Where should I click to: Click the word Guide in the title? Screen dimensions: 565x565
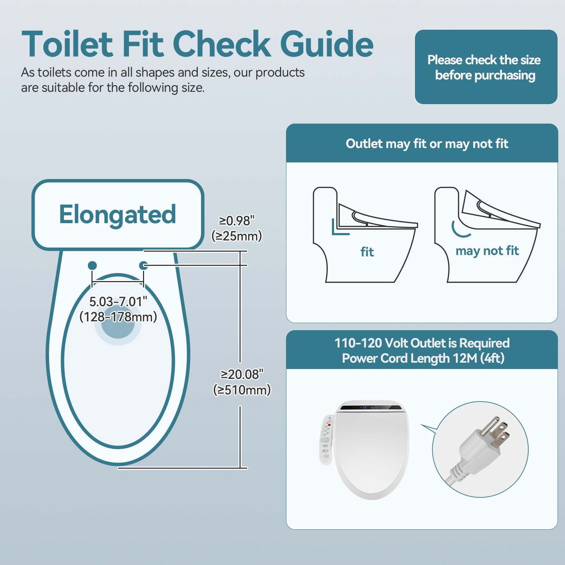327,44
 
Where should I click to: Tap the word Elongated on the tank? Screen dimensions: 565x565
118,214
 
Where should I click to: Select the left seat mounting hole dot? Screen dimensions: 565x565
92,265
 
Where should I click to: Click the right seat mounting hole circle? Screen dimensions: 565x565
144,265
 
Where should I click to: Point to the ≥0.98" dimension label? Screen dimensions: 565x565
237,221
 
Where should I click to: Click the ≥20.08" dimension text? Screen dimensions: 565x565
242,374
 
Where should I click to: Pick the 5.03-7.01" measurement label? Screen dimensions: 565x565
118,302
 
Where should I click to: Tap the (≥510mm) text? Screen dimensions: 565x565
242,390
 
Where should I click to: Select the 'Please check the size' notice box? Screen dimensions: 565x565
486,67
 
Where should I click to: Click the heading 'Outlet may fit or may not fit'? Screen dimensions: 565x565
427,144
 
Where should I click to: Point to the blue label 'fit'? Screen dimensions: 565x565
367,252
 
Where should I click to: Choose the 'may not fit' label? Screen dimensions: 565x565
487,251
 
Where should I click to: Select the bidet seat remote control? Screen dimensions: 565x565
326,440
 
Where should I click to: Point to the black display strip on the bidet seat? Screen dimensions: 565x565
371,408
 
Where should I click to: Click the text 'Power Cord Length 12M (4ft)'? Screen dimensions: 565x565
423,358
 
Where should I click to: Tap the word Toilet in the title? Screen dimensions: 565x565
67,44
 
